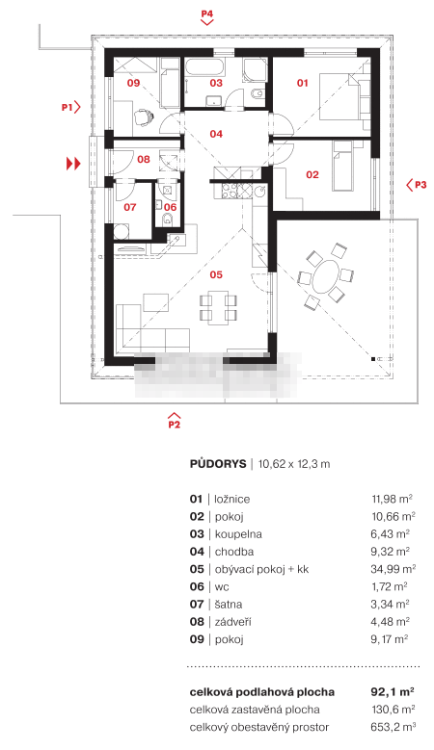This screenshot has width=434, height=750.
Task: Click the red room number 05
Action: [216, 274]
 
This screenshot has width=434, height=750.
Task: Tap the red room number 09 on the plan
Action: [133, 83]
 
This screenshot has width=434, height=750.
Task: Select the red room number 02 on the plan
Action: [312, 175]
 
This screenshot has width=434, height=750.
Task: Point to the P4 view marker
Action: [206, 16]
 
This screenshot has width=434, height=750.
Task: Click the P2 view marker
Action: [174, 420]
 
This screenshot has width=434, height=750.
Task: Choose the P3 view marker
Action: [417, 185]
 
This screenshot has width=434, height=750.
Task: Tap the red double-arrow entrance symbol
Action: [73, 164]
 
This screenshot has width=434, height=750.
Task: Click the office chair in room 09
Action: [143, 116]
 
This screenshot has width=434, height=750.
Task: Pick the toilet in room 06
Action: [168, 220]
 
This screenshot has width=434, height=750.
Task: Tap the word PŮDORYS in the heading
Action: [218, 464]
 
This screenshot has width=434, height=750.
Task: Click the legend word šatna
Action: [229, 604]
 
